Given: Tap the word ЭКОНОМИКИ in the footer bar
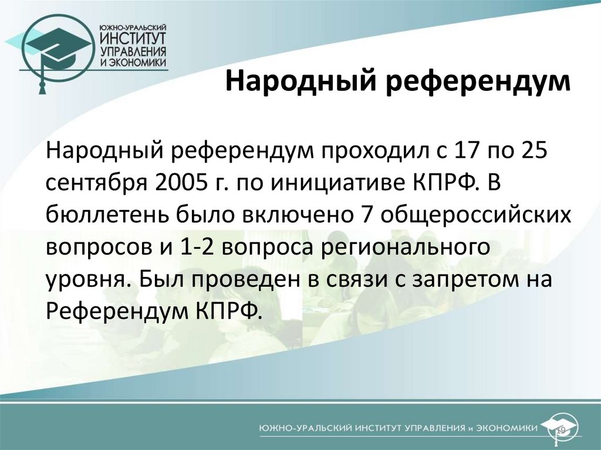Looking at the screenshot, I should (x=504, y=428).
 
